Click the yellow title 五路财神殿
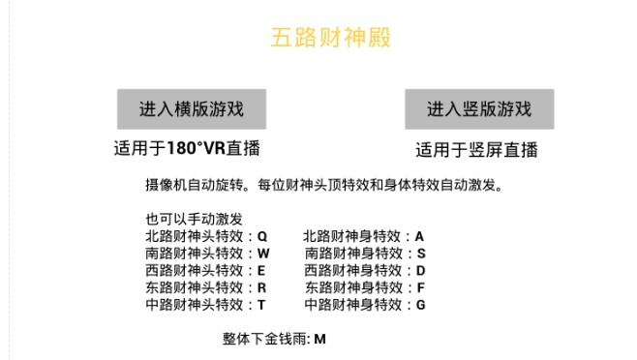[x=331, y=39]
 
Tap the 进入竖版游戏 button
[x=479, y=109]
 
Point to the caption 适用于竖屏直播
[x=476, y=150]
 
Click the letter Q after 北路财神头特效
[x=262, y=236]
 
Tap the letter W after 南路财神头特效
[x=263, y=254]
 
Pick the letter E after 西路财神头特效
[x=261, y=270]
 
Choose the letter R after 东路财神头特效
[x=261, y=287]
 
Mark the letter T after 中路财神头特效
[x=261, y=305]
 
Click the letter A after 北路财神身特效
[x=420, y=236]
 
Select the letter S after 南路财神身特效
[x=420, y=254]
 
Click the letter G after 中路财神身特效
[x=421, y=305]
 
